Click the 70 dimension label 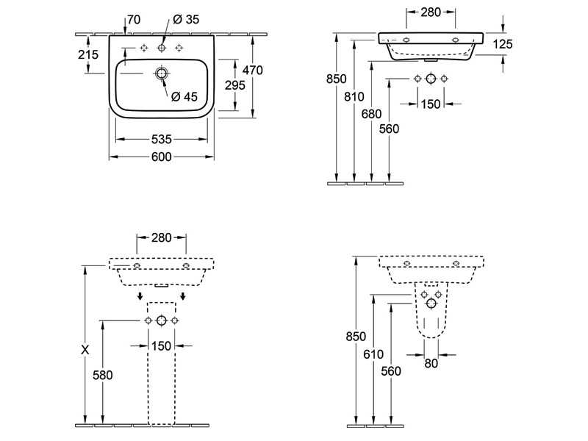click(x=134, y=19)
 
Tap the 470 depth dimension click(x=253, y=70)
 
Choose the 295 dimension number click(x=234, y=86)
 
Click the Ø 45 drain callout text click(x=184, y=96)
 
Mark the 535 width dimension click(x=162, y=138)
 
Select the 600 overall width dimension click(x=162, y=157)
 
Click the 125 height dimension click(x=502, y=44)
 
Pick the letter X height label click(x=85, y=351)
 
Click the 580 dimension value click(x=103, y=375)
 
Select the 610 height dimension click(x=373, y=354)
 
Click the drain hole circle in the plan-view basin click(x=162, y=73)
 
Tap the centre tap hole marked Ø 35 click(x=162, y=48)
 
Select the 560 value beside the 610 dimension click(x=391, y=371)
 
